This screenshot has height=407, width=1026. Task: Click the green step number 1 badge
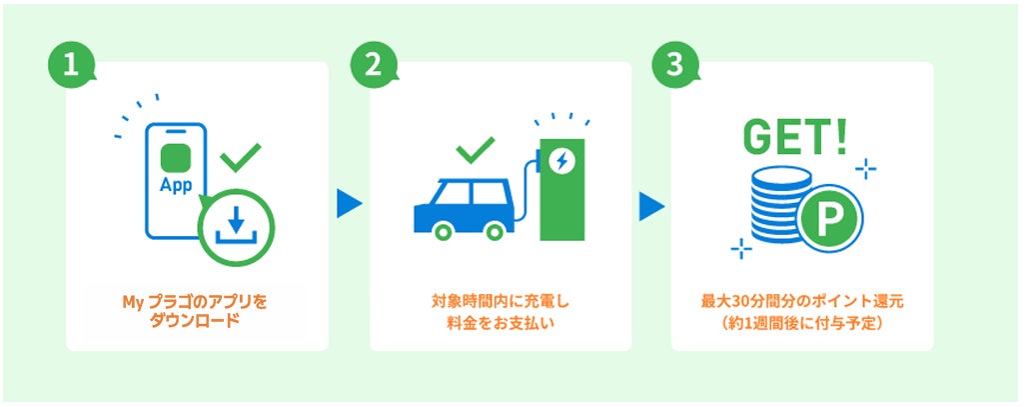point(71,66)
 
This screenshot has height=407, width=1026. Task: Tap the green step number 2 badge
point(374,66)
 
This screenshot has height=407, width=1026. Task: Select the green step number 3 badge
point(675,66)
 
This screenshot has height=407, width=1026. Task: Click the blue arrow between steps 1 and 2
point(349,204)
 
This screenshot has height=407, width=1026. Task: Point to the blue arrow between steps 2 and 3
point(651,206)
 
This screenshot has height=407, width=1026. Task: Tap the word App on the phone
point(176,185)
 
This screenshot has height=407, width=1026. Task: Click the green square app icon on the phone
point(176,158)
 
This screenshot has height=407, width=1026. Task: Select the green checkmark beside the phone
point(240,157)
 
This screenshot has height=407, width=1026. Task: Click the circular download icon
point(236,227)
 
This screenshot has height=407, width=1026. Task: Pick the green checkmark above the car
point(477,149)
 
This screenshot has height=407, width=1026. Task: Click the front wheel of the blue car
point(495,231)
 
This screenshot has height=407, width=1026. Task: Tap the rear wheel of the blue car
point(444,231)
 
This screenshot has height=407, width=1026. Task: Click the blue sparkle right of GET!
point(865,169)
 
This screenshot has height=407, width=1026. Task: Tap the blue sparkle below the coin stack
point(740,248)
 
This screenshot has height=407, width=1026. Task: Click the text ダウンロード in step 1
point(195,322)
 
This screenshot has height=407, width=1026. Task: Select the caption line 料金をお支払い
point(501,322)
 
